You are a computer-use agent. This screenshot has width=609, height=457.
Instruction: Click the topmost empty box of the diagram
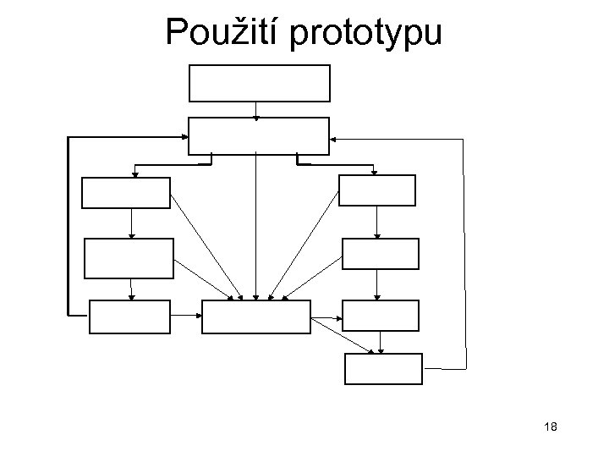(259, 82)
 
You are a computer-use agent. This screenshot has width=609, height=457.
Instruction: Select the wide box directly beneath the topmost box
(257, 135)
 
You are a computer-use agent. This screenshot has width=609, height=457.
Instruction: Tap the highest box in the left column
(126, 192)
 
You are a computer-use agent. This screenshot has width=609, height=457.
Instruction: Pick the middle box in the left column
(129, 258)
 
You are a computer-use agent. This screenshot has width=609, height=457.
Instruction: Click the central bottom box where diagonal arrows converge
(256, 317)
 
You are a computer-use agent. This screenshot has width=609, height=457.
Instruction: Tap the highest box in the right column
(377, 190)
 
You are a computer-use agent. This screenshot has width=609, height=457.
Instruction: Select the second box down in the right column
(380, 254)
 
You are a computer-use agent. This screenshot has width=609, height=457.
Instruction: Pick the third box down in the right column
(380, 315)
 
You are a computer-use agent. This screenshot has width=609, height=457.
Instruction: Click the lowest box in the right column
(383, 368)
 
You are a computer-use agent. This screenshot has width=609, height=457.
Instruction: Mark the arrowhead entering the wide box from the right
(332, 138)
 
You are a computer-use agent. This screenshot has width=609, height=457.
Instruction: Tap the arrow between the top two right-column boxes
(377, 223)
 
